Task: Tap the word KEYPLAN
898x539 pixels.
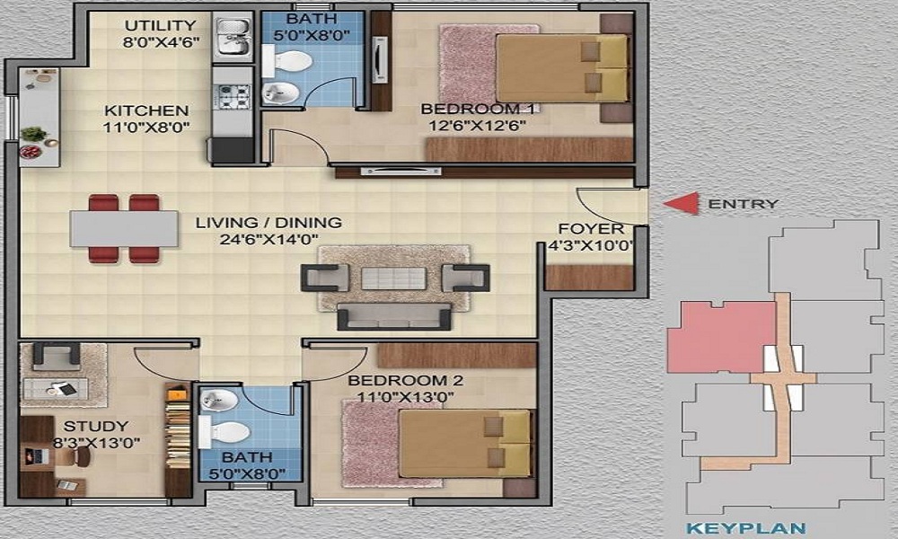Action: point(745,528)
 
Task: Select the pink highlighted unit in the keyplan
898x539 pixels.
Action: point(722,338)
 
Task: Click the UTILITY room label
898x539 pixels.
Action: point(161,26)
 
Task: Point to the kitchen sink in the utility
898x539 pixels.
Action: point(233,37)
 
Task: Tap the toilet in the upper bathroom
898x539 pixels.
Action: point(287,61)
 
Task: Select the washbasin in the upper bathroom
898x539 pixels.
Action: point(280,93)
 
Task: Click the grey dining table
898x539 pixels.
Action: point(124,228)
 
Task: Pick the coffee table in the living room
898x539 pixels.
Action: point(393,278)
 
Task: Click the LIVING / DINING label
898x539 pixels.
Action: point(269,222)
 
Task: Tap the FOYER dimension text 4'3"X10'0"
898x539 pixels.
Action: point(591,246)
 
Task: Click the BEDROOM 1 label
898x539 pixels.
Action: point(477,109)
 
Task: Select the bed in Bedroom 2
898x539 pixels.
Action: point(465,444)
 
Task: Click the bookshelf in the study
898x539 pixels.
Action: point(178,438)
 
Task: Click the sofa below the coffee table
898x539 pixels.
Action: point(393,317)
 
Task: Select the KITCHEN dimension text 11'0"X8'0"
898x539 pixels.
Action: point(146,128)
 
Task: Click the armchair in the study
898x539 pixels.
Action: point(56,355)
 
